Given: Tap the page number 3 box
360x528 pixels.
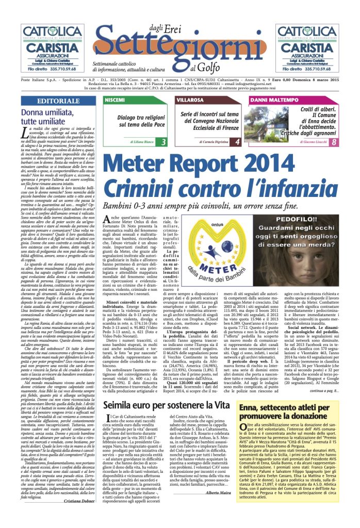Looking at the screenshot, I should [x=163, y=142].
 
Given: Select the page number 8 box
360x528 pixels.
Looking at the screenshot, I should [x=334, y=142].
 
